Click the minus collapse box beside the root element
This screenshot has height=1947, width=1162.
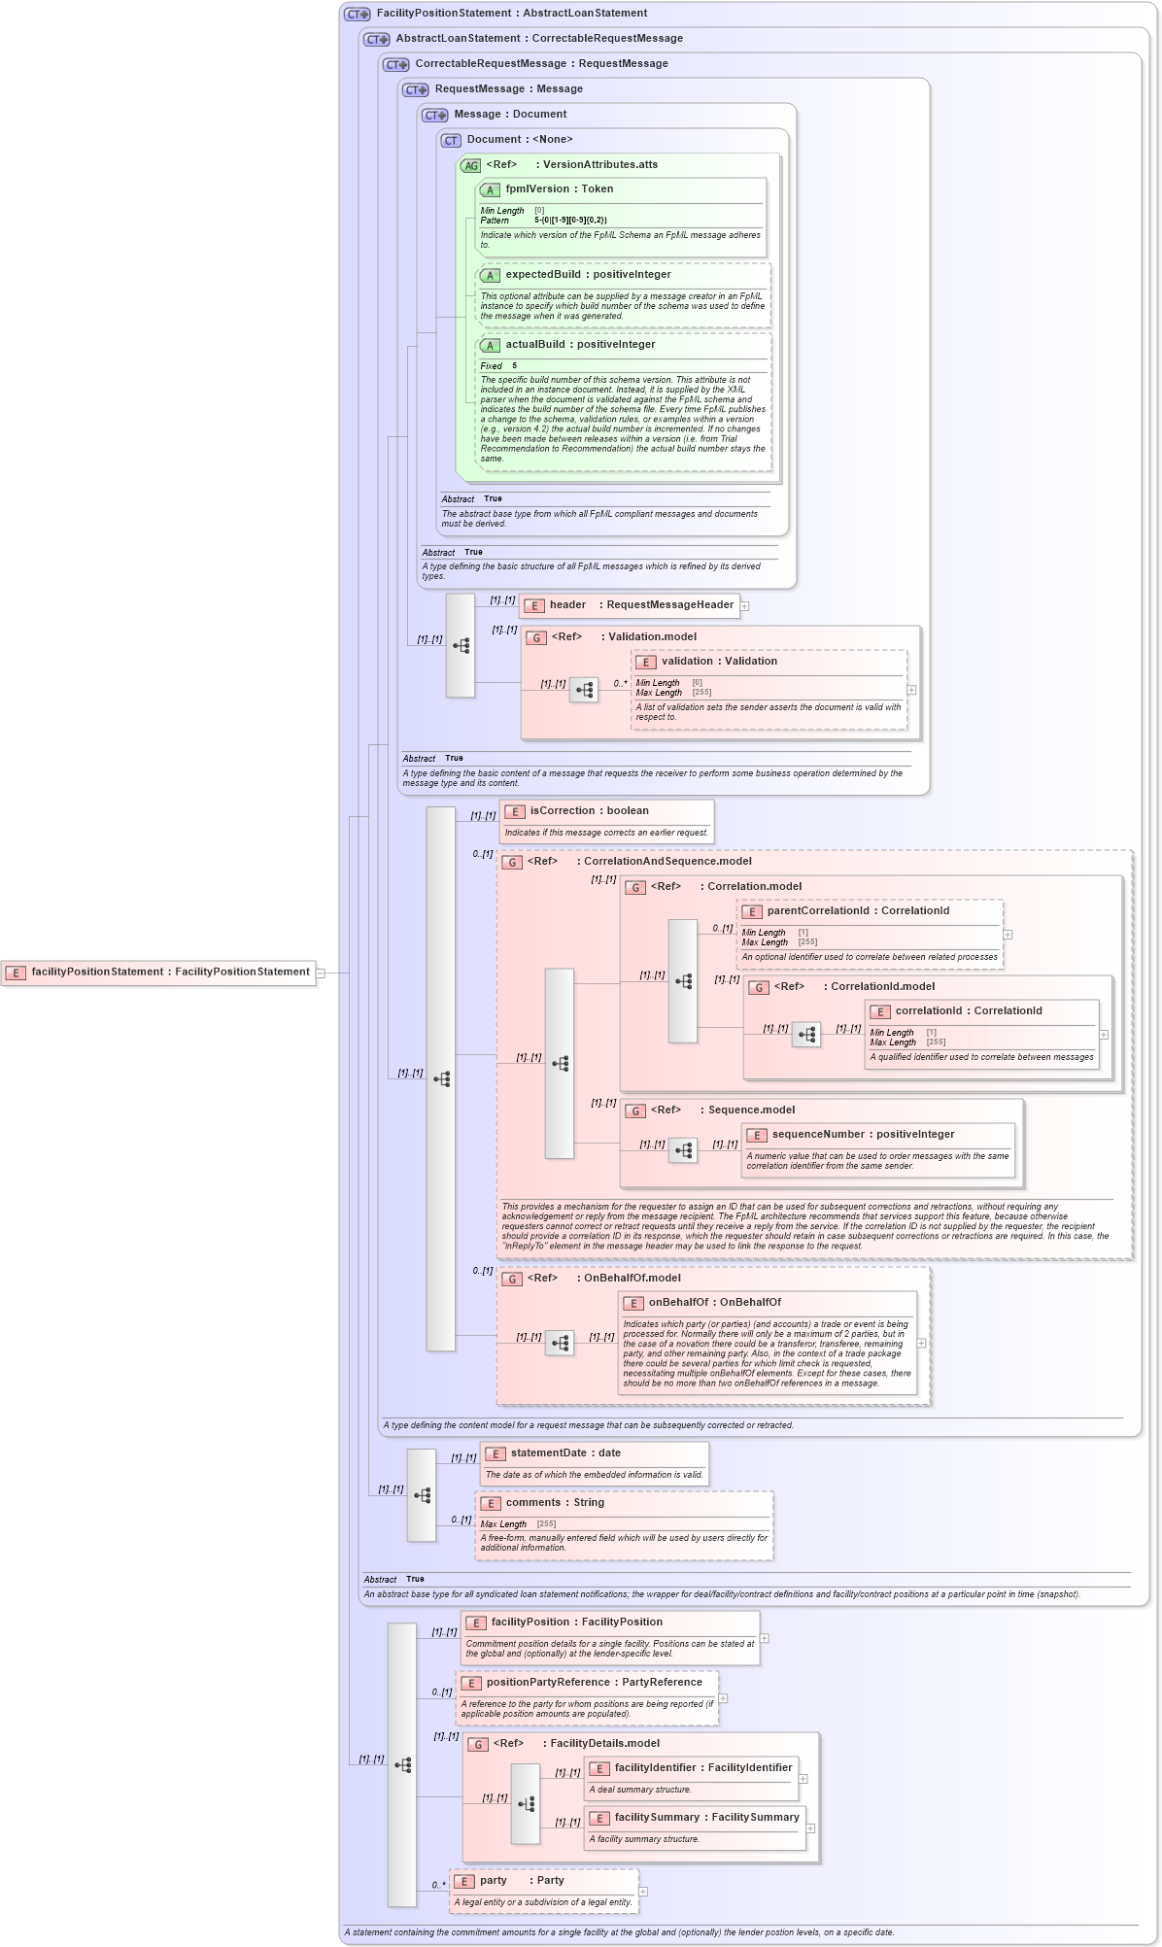coord(320,973)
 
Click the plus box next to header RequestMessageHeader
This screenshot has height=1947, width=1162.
coord(745,606)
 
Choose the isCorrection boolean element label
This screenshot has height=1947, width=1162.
coord(589,811)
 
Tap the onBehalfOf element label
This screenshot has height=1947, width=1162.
coord(714,1303)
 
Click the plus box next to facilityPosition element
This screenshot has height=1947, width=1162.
coord(765,1638)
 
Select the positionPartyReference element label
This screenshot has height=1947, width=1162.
coord(593,1683)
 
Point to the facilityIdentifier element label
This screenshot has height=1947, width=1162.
coord(702,1768)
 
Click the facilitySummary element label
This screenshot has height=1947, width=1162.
coord(705,1818)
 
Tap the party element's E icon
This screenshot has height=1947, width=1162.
coord(465,1882)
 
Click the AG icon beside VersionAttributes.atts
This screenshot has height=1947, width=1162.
coord(471,166)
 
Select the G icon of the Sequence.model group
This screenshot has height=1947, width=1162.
coord(635,1111)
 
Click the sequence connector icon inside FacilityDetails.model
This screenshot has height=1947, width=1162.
coord(526,1804)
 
